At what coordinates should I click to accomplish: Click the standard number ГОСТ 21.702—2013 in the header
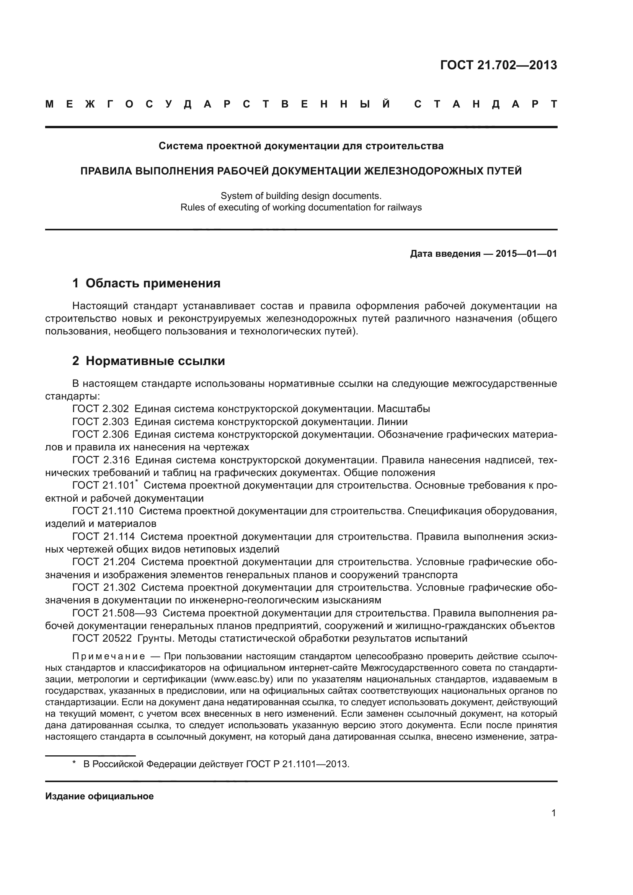point(499,65)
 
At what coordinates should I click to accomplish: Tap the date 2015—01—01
point(526,254)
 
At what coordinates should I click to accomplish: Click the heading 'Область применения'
point(153,283)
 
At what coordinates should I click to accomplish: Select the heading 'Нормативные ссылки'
point(155,361)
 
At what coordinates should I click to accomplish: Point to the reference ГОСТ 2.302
point(101,409)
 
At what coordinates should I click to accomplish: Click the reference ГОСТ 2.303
point(101,422)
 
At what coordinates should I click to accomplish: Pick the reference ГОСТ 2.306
point(101,434)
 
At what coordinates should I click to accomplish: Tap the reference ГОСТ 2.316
point(101,460)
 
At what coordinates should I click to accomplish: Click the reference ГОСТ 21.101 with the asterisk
point(104,485)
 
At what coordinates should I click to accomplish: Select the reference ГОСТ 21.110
point(103,511)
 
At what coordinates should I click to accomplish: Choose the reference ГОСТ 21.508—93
point(114,613)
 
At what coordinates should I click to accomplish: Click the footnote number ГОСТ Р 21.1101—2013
point(297,764)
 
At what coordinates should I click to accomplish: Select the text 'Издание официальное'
point(100,796)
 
